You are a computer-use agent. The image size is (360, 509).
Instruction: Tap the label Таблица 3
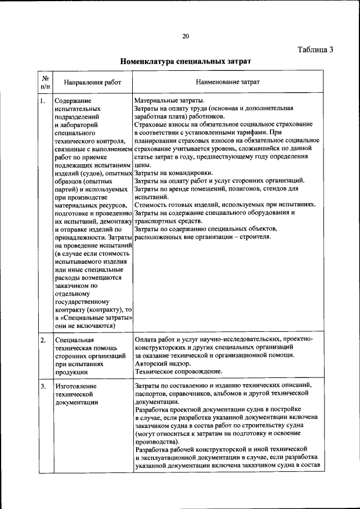(x=316, y=49)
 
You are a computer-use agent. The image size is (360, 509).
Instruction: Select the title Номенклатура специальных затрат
(x=185, y=60)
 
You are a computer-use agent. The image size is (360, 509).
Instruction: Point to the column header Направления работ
(x=92, y=83)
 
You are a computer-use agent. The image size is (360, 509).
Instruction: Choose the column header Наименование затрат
(x=228, y=82)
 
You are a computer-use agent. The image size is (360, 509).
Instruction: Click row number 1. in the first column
(x=43, y=101)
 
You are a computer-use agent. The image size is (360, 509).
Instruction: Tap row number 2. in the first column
(x=43, y=340)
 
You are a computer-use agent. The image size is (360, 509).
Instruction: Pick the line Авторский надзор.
(x=162, y=364)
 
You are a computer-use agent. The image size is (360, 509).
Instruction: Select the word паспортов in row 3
(x=154, y=394)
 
